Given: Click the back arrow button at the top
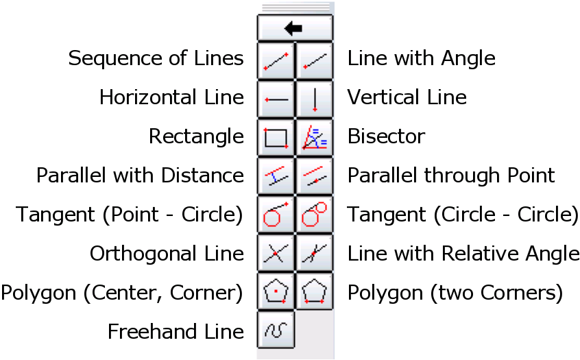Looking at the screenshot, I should click(x=295, y=29).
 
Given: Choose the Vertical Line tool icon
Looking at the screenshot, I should click(x=315, y=99).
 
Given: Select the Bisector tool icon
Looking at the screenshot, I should click(x=315, y=138).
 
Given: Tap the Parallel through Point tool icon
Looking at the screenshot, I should click(x=315, y=177).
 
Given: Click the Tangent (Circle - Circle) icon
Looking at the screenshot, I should click(x=315, y=215).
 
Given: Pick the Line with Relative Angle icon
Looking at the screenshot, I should click(x=315, y=254).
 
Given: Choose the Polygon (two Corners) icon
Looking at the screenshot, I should click(x=315, y=293).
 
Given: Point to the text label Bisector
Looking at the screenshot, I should click(x=386, y=136).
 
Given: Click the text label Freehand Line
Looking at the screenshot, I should click(x=176, y=333).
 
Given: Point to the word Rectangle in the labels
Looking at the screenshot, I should click(x=196, y=136).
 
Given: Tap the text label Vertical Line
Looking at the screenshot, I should click(x=407, y=97).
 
